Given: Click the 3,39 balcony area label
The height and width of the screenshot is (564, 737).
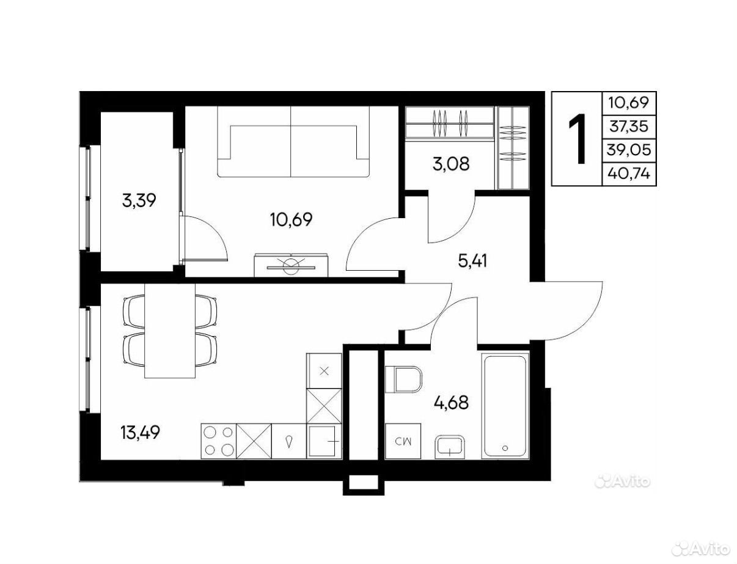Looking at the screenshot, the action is [x=139, y=201].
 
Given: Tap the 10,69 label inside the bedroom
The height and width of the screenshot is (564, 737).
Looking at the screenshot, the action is [x=291, y=219].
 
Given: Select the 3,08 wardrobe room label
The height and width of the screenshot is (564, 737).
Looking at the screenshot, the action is [x=451, y=164].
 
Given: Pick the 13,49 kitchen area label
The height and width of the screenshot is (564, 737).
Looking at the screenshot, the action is [x=141, y=432].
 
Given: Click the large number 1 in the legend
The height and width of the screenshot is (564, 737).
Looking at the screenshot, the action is [x=577, y=139].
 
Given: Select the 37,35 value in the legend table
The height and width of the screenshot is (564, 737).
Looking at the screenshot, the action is [x=629, y=127].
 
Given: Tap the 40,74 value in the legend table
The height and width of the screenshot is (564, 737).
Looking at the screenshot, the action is [x=629, y=174].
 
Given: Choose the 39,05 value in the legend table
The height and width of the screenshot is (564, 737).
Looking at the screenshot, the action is [x=629, y=150].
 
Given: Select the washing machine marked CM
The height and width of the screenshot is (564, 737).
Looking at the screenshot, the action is [x=403, y=441].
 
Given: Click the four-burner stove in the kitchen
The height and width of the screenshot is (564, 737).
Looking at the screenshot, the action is [x=219, y=441].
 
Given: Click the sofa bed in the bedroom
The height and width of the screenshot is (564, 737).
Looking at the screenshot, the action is [x=293, y=141].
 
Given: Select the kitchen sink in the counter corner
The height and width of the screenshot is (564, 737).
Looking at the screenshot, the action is [x=324, y=441].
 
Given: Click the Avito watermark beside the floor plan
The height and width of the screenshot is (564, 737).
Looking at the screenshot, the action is [x=621, y=482].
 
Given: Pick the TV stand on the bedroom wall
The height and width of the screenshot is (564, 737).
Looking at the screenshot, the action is [x=291, y=265].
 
